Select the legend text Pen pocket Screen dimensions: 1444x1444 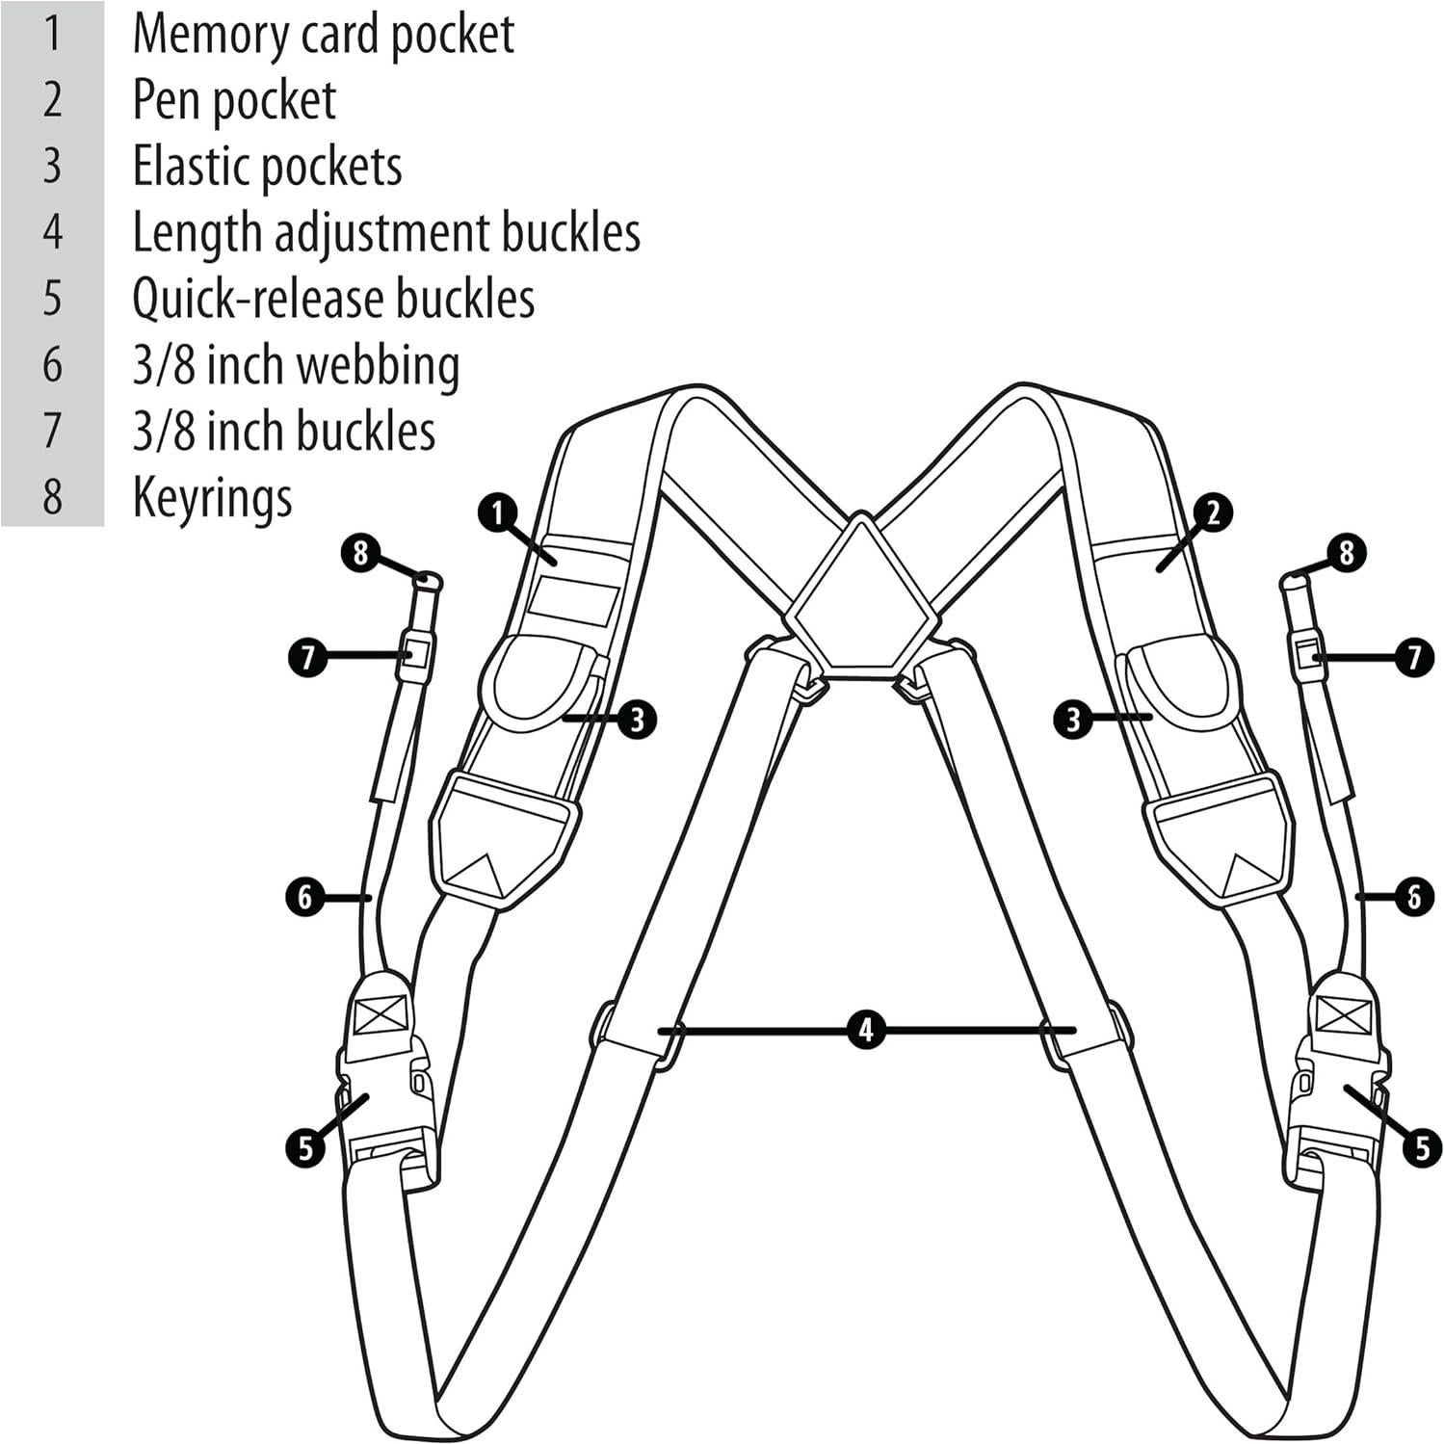(x=234, y=101)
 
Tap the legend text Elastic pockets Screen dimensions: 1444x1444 (x=267, y=167)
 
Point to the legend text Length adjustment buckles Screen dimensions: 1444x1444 (x=386, y=233)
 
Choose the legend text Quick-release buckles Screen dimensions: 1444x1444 (x=333, y=299)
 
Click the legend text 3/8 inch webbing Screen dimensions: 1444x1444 (x=296, y=365)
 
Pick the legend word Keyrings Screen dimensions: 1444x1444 (x=212, y=498)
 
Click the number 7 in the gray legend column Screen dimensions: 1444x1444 (x=52, y=431)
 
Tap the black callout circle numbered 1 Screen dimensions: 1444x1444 (x=498, y=513)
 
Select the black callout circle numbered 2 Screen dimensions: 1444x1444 (x=1213, y=512)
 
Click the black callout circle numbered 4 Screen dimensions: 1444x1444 (x=866, y=1031)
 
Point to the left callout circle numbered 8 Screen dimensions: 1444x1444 (x=360, y=553)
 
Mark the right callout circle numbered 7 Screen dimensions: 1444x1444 (x=1414, y=658)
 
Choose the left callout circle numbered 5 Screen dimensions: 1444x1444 (x=305, y=1147)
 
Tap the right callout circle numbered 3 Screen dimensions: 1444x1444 (x=1074, y=718)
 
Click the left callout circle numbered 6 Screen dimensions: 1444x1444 (x=305, y=898)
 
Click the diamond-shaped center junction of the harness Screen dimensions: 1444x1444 (x=861, y=594)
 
